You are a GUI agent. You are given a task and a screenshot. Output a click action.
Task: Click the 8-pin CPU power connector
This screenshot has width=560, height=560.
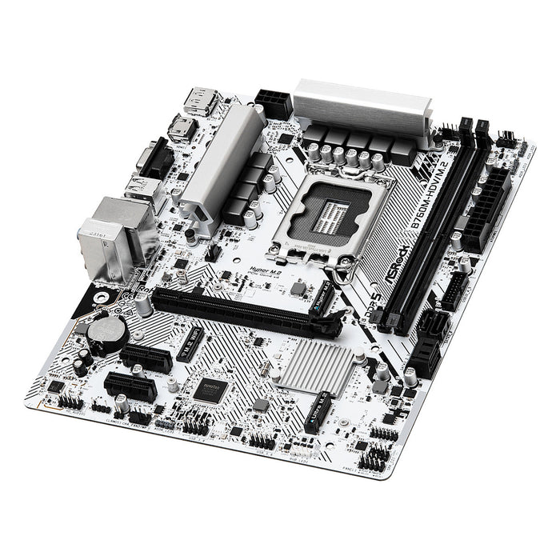pos(274,102)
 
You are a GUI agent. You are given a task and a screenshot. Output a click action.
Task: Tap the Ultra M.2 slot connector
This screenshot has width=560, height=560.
pos(318,412)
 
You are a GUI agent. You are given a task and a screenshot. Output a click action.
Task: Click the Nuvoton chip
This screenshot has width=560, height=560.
pos(213,390)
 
